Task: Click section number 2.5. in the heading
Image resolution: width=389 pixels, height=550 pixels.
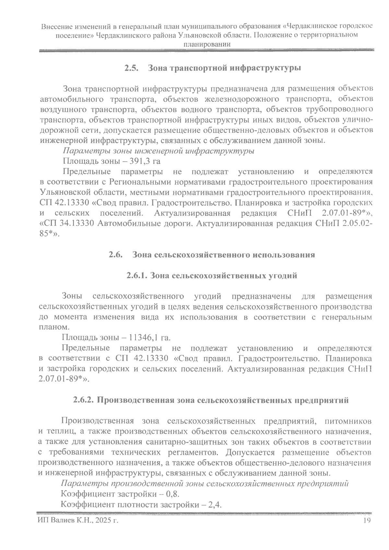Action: click(132, 68)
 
